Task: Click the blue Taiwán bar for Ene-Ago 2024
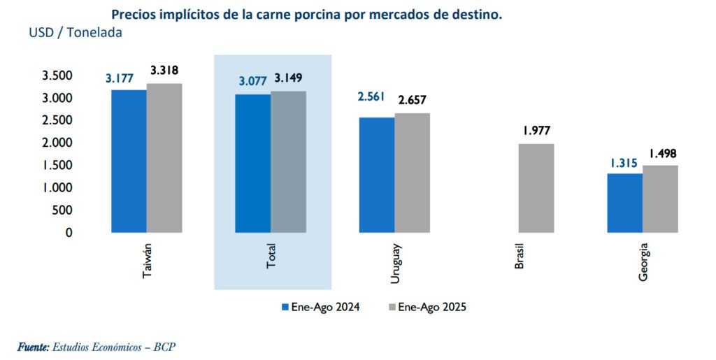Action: [129, 161]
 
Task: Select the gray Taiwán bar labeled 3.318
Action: [164, 157]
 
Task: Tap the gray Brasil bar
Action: [536, 187]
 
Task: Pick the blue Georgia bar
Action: [625, 203]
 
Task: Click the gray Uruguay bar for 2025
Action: [412, 172]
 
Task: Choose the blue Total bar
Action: [253, 163]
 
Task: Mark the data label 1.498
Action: [662, 154]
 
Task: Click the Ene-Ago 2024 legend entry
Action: [320, 307]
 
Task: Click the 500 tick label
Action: [62, 210]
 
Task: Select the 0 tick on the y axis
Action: [69, 232]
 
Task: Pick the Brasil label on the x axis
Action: [519, 258]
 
